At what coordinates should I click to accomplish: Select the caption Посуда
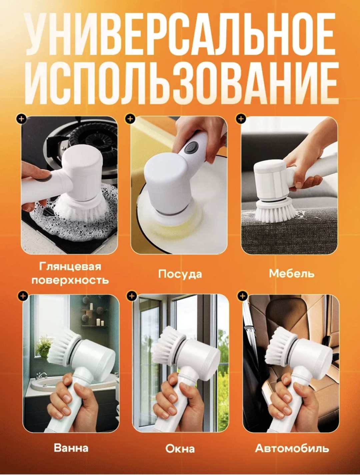coord(180,274)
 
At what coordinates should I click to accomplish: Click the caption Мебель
coord(291,274)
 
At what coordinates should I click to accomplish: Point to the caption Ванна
coord(71,448)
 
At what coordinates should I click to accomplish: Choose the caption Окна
coord(180,449)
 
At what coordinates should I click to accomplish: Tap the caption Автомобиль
coord(292,448)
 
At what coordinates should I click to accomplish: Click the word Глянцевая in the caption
coord(70,267)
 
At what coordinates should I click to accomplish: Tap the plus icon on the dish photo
coord(130,119)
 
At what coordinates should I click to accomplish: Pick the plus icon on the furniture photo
coord(241,119)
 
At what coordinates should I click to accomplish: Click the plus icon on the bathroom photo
coord(23,296)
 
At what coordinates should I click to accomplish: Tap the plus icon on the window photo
coord(132,296)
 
